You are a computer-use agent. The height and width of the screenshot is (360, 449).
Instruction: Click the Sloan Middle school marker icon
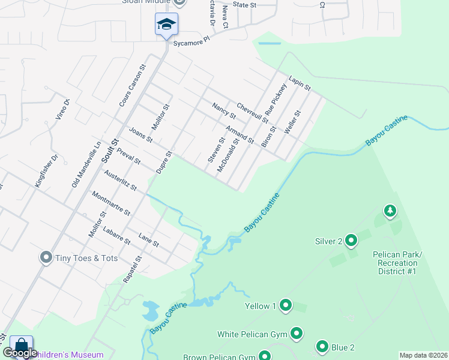pyautogui.click(x=166, y=25)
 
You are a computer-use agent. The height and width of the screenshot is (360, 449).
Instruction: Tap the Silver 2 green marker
pyautogui.click(x=351, y=241)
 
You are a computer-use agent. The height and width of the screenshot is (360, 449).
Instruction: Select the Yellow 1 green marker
pyautogui.click(x=286, y=306)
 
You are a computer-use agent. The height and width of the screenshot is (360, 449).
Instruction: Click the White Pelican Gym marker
pyautogui.click(x=297, y=334)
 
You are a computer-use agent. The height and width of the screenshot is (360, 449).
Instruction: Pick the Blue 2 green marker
pyautogui.click(x=322, y=347)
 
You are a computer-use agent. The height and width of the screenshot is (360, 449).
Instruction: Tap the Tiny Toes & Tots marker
pyautogui.click(x=46, y=258)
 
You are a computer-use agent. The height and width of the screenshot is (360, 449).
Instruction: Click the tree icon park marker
pyautogui.click(x=390, y=211)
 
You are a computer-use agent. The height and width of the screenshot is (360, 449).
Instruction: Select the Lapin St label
pyautogui.click(x=299, y=83)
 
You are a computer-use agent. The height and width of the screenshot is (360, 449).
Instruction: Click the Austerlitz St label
pyautogui.click(x=120, y=179)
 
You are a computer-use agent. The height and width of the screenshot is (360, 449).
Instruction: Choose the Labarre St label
pyautogui.click(x=116, y=236)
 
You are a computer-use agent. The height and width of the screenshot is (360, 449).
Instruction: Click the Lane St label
pyautogui.click(x=148, y=240)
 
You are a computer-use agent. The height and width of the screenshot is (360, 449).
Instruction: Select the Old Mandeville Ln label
pyautogui.click(x=86, y=164)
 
